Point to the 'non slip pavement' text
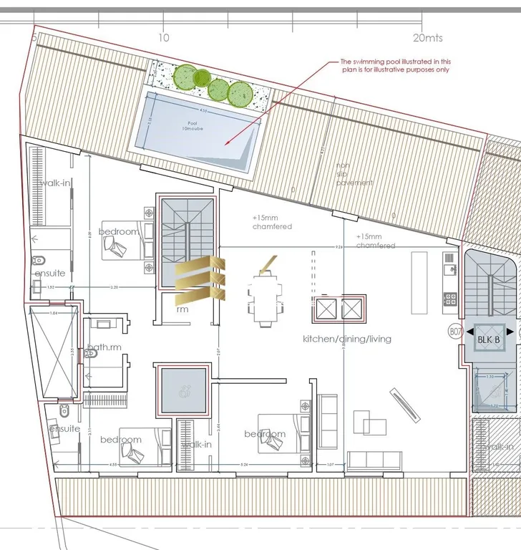point(354,174)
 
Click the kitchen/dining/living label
point(347,338)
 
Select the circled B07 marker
point(454,332)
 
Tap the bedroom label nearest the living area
point(265,434)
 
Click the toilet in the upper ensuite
point(38,261)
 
